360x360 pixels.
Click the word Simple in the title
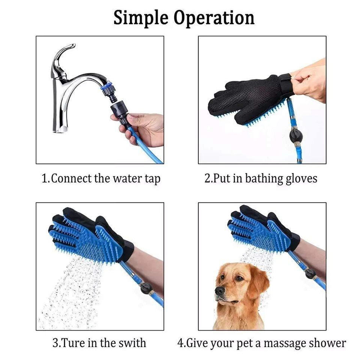(141, 18)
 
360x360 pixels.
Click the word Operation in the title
(214, 18)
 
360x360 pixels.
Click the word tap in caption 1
(153, 179)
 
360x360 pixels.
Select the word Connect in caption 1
(71, 178)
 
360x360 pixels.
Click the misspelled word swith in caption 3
(132, 343)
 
